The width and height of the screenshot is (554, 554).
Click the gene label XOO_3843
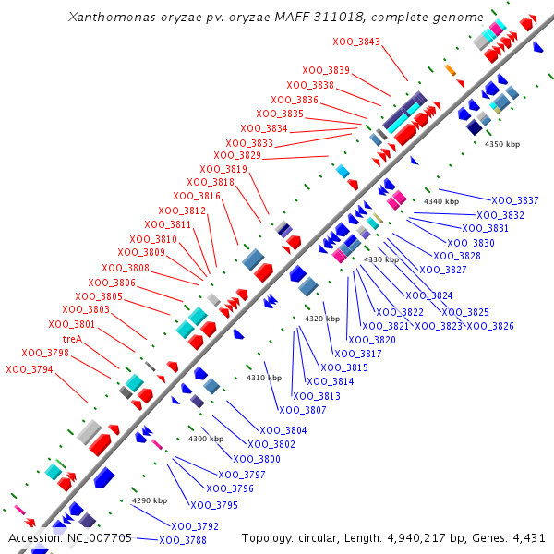356,42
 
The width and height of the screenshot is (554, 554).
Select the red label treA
73,339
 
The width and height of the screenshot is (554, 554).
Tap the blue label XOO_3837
514,200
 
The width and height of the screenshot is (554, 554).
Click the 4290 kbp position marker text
149,500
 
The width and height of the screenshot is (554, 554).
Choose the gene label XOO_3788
183,540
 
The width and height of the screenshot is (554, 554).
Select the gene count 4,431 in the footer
526,537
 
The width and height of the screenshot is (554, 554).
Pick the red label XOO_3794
30,369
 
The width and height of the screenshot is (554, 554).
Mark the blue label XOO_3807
303,410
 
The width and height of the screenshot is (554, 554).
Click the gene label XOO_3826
490,326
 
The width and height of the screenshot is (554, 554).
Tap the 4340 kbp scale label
441,201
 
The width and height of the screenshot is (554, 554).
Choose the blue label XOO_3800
257,459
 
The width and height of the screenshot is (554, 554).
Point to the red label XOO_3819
223,169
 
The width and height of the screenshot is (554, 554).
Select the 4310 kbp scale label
263,378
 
